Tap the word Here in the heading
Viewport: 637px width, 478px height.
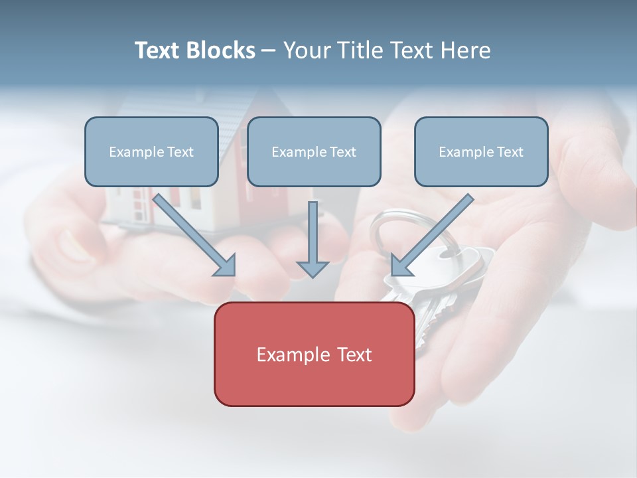coord(466,50)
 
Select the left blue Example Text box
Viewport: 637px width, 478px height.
coord(151,151)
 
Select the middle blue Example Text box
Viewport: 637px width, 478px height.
coord(314,151)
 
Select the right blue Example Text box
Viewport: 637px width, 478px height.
coord(481,151)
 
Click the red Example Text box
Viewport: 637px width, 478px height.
coord(314,354)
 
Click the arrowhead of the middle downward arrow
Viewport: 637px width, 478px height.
coord(313,269)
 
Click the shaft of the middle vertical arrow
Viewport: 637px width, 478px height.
coord(313,229)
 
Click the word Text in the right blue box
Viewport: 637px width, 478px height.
coord(510,152)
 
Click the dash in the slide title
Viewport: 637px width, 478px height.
coord(269,51)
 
